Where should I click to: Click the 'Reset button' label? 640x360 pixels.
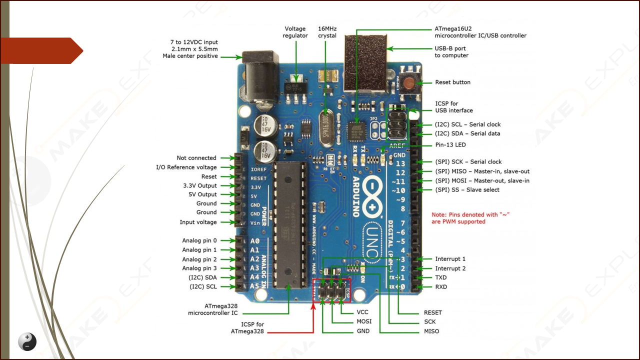pos(452,82)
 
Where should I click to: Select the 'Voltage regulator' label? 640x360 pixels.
pos(295,32)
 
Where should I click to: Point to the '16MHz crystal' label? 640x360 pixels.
pos(327,32)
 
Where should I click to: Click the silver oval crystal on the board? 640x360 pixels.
pos(326,128)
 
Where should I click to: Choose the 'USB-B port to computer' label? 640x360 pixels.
pos(451,52)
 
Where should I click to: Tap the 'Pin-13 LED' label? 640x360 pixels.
pos(450,145)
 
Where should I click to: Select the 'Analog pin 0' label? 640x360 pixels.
pos(199,240)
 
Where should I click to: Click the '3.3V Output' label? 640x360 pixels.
pos(200,185)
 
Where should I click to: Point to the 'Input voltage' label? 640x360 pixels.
pos(198,222)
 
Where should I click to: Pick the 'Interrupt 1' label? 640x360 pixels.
pos(450,259)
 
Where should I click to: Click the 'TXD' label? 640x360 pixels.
pos(440,277)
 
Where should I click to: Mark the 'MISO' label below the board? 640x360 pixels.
pos(431,331)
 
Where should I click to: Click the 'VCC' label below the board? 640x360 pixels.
pos(362,312)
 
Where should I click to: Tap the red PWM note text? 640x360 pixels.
pos(470,218)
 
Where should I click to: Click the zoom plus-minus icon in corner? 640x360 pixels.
pos(27,341)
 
